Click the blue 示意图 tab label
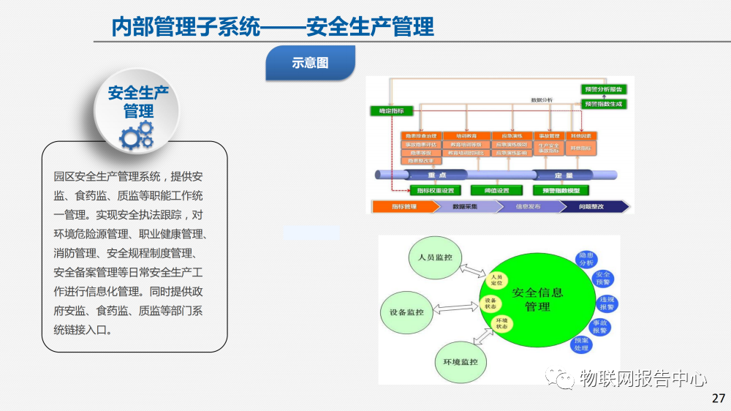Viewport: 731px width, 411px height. [x=310, y=63]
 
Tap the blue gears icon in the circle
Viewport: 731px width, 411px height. [x=137, y=135]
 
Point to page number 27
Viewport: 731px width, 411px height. [x=718, y=399]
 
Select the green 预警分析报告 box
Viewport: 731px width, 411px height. [x=603, y=89]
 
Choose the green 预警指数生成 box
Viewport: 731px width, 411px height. [x=603, y=104]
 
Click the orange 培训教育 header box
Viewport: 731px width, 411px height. [x=466, y=136]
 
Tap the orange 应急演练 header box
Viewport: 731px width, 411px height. [x=512, y=136]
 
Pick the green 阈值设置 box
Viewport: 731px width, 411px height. [x=497, y=191]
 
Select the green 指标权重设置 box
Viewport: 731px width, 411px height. [x=436, y=191]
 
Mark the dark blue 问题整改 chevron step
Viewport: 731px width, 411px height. [x=594, y=207]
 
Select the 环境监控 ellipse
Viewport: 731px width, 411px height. [x=461, y=362]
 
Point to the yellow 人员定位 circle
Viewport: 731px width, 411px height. [x=497, y=279]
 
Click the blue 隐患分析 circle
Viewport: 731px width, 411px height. [x=586, y=259]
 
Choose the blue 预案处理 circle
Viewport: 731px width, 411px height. [x=582, y=344]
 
